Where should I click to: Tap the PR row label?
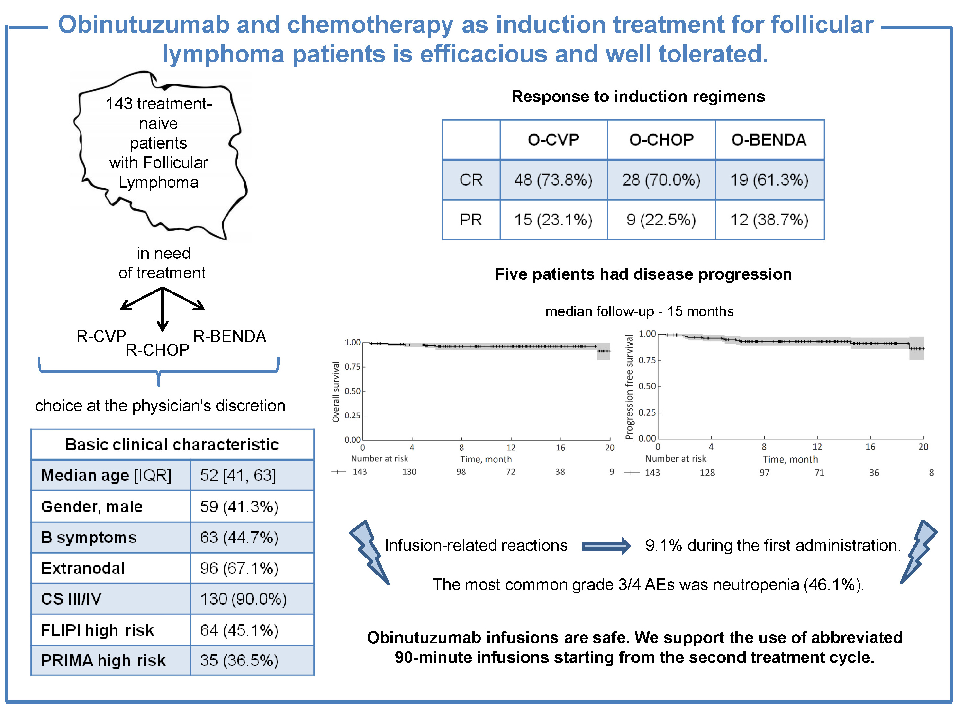471,220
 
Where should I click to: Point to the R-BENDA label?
230,336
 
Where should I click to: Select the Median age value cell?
238,475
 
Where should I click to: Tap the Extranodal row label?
83,568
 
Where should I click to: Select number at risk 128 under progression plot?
707,473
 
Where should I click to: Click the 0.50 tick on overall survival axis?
352,391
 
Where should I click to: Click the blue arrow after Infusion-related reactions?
606,546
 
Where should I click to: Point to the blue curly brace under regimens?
159,370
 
